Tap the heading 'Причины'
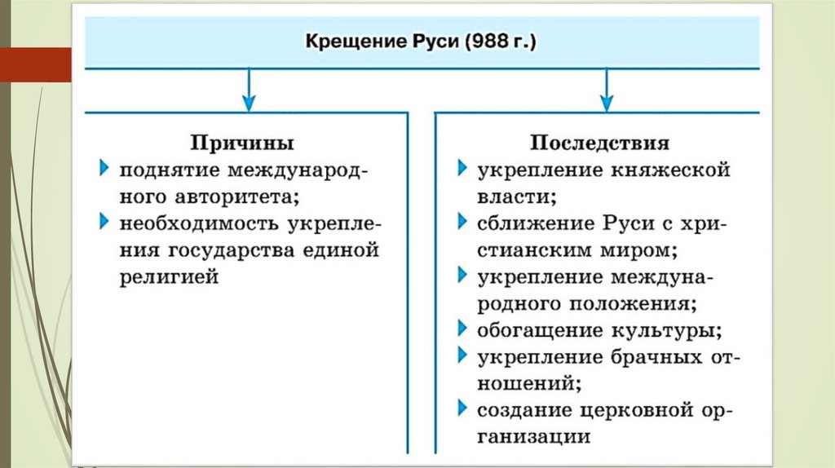pyautogui.click(x=242, y=143)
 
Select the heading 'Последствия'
pyautogui.click(x=600, y=143)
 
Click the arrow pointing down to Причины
pyautogui.click(x=249, y=90)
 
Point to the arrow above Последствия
pyautogui.click(x=605, y=90)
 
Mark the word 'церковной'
pyautogui.click(x=647, y=409)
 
